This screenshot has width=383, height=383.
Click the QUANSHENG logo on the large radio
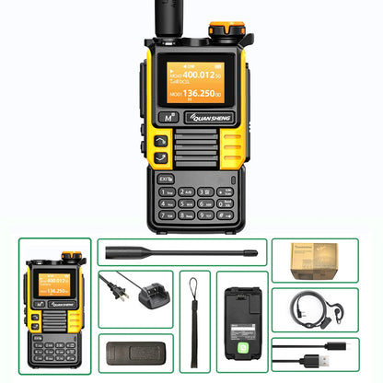[x=222, y=118]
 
